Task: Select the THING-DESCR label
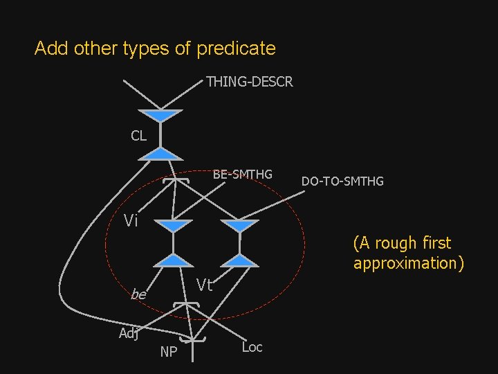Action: pos(249,82)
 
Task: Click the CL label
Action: pos(138,136)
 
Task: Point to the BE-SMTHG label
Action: pos(242,174)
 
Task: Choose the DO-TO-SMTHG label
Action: pos(342,181)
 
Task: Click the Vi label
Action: pos(131,221)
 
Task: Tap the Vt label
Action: pos(204,285)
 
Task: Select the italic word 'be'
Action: pos(138,295)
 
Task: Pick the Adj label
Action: pos(129,333)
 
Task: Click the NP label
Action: pos(168,353)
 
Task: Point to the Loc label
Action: pos(252,347)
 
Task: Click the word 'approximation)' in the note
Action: pos(408,263)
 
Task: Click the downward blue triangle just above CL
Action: pos(160,115)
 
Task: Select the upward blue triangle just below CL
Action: pos(160,153)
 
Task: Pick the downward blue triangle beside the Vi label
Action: pos(173,226)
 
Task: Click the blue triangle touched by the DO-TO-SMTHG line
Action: pos(240,226)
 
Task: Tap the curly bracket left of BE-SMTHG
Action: pos(178,179)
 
